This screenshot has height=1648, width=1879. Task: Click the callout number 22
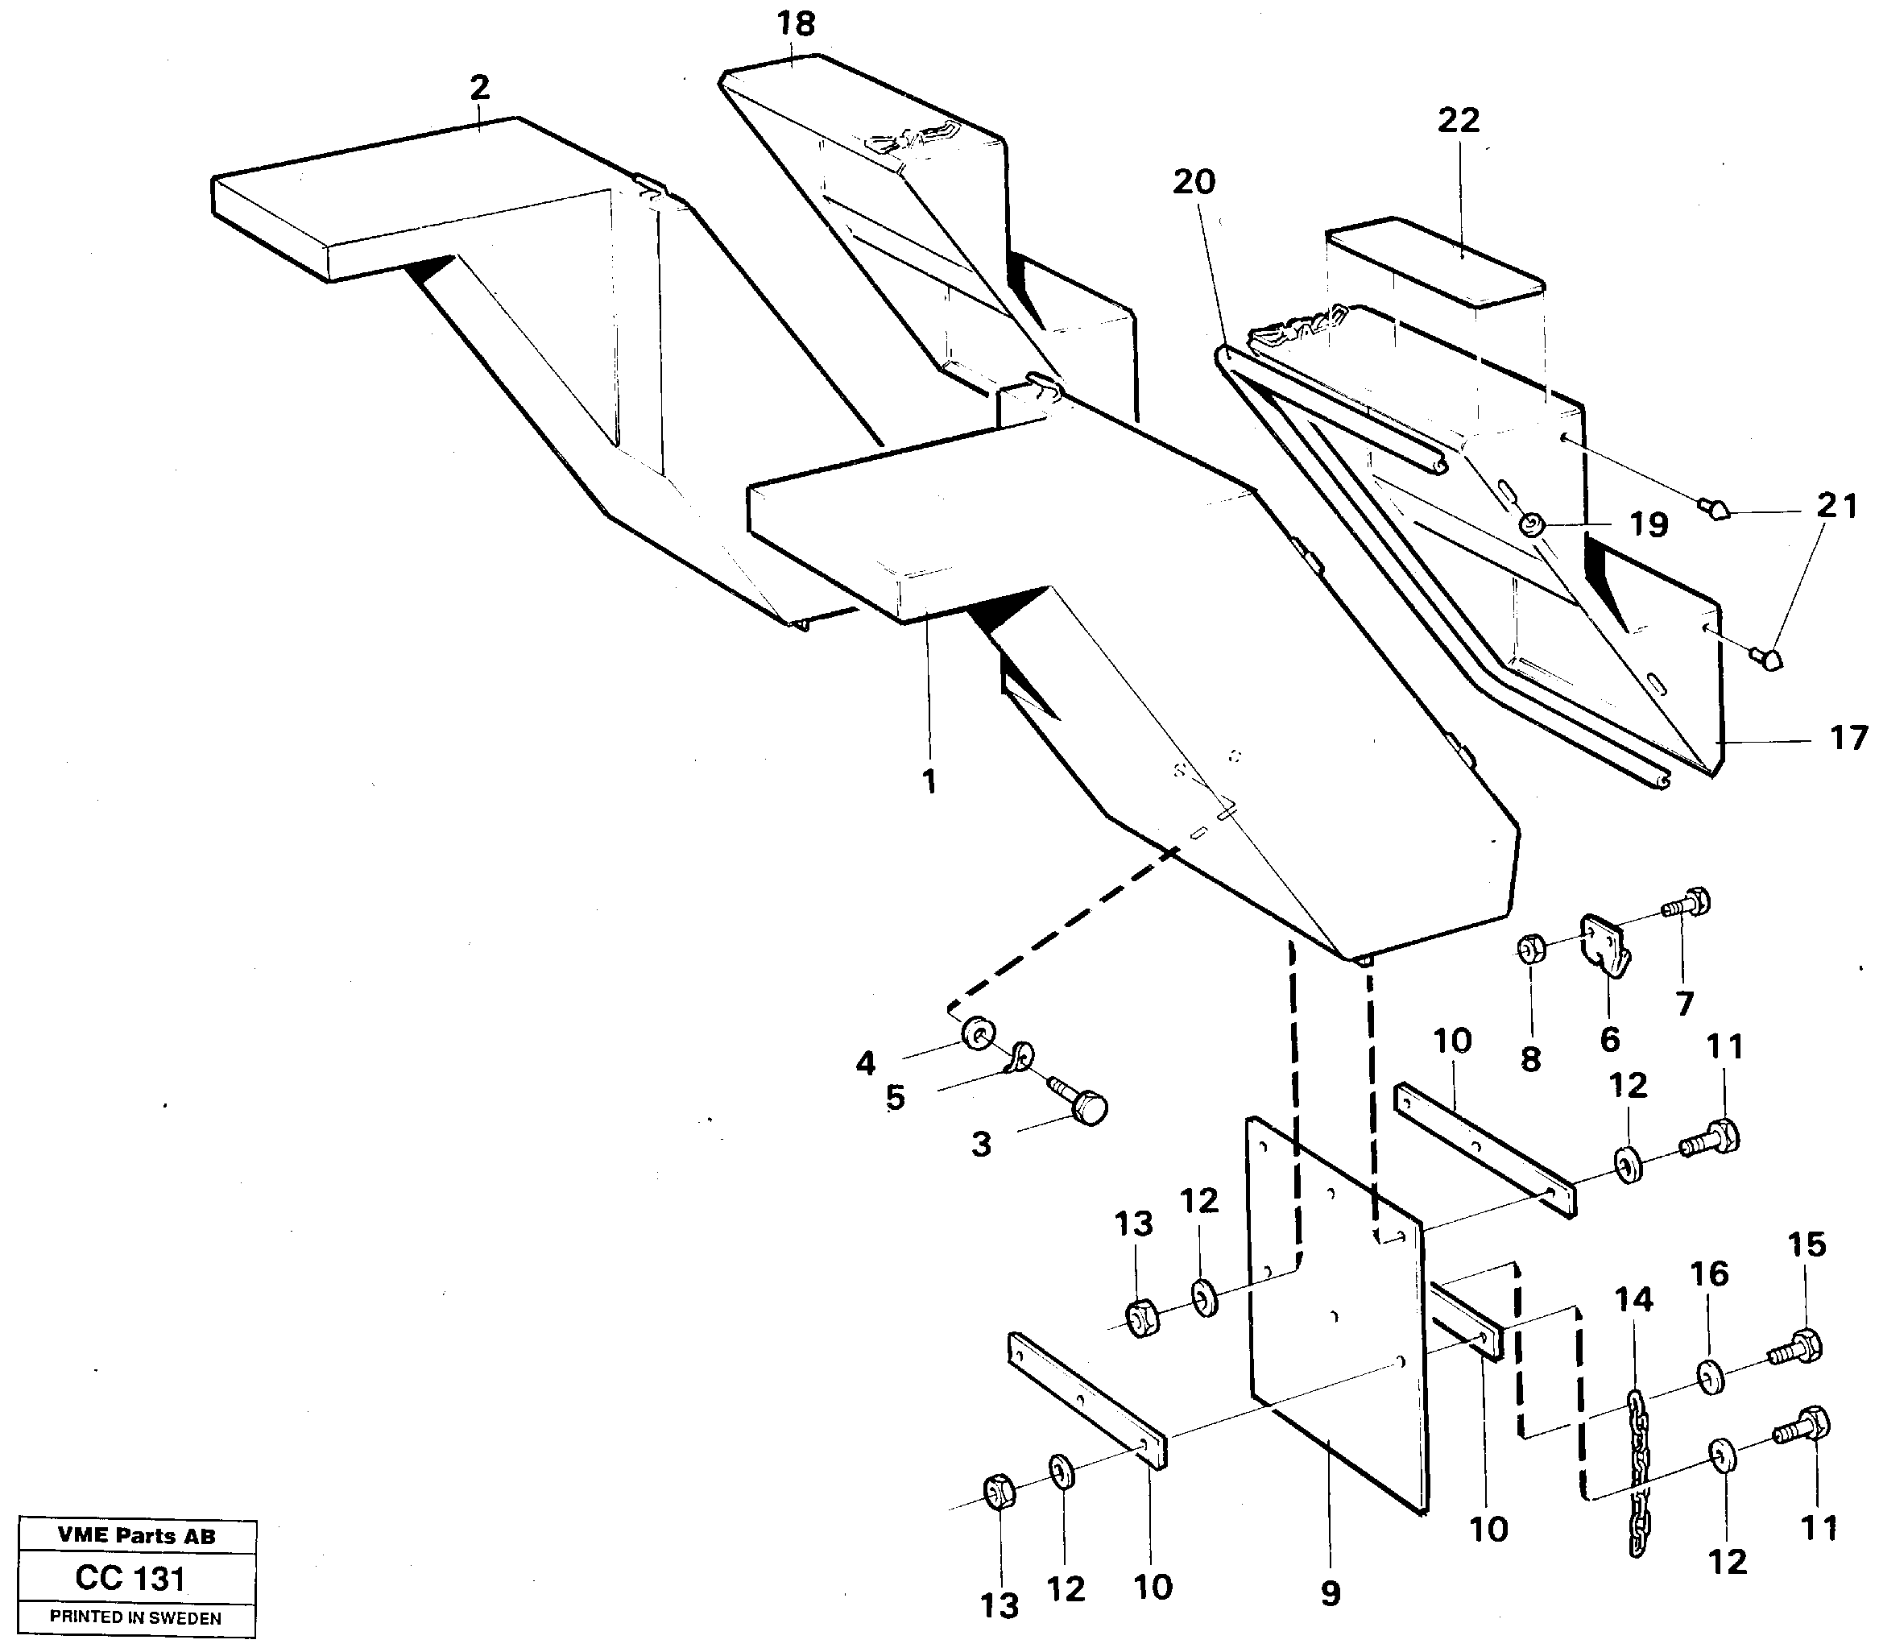point(1459,120)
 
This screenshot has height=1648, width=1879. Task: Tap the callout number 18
point(795,24)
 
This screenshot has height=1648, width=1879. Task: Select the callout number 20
point(1194,182)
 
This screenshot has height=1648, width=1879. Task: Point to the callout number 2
point(479,89)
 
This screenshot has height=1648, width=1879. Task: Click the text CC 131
point(130,1578)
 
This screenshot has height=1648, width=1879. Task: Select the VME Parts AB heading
point(136,1536)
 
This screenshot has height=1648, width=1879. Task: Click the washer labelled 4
point(975,1034)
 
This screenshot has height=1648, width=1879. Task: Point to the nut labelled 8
point(1530,946)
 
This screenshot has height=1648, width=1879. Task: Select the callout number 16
point(1709,1274)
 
